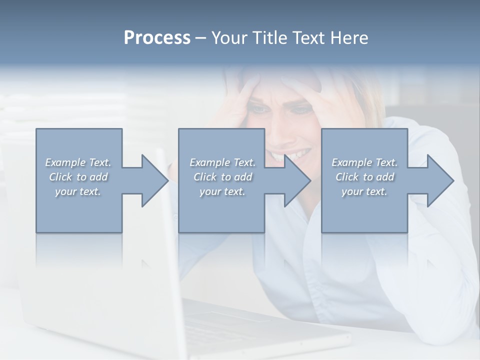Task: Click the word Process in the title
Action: (157, 38)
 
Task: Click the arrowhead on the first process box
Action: (155, 180)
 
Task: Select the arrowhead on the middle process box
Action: (298, 180)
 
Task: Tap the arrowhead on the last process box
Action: (440, 180)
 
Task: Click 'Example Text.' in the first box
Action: (78, 162)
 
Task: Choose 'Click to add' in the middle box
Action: (222, 177)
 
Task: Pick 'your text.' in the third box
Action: (364, 191)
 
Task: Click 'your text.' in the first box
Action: (78, 191)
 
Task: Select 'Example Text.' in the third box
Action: (364, 162)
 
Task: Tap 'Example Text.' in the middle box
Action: (222, 162)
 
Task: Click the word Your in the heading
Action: (229, 38)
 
